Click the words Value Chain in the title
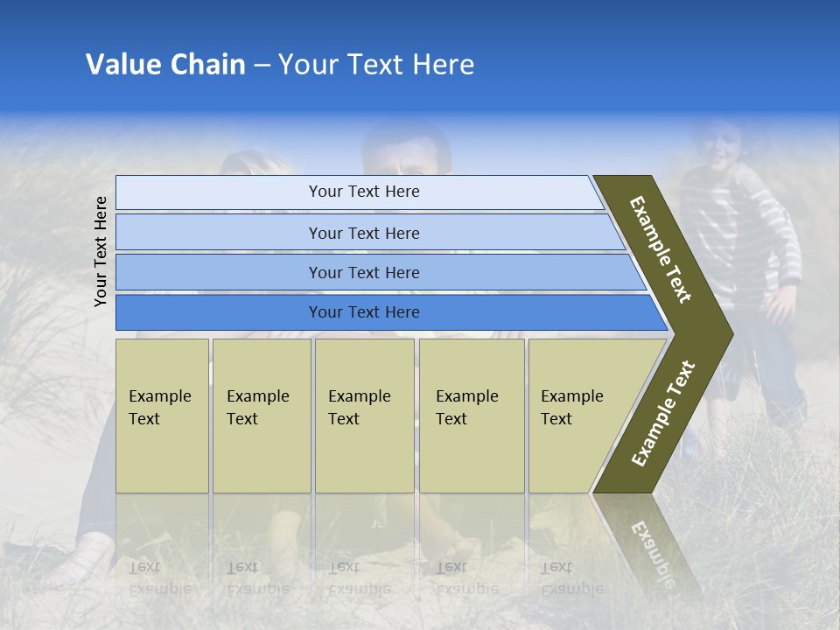coord(165,65)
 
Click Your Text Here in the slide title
coord(376,65)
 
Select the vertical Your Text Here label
coord(101,251)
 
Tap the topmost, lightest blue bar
coord(364,192)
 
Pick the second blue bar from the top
coord(364,233)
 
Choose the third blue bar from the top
coord(364,272)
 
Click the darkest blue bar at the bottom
coord(364,312)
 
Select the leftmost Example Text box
coord(162,415)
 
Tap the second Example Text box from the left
coord(261,415)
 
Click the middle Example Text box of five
coord(364,415)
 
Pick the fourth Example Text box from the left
coord(471,415)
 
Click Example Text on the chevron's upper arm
coord(661,249)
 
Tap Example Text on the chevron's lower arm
coord(662,414)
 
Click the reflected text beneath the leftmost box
coord(159,577)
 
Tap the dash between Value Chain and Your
coord(262,66)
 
